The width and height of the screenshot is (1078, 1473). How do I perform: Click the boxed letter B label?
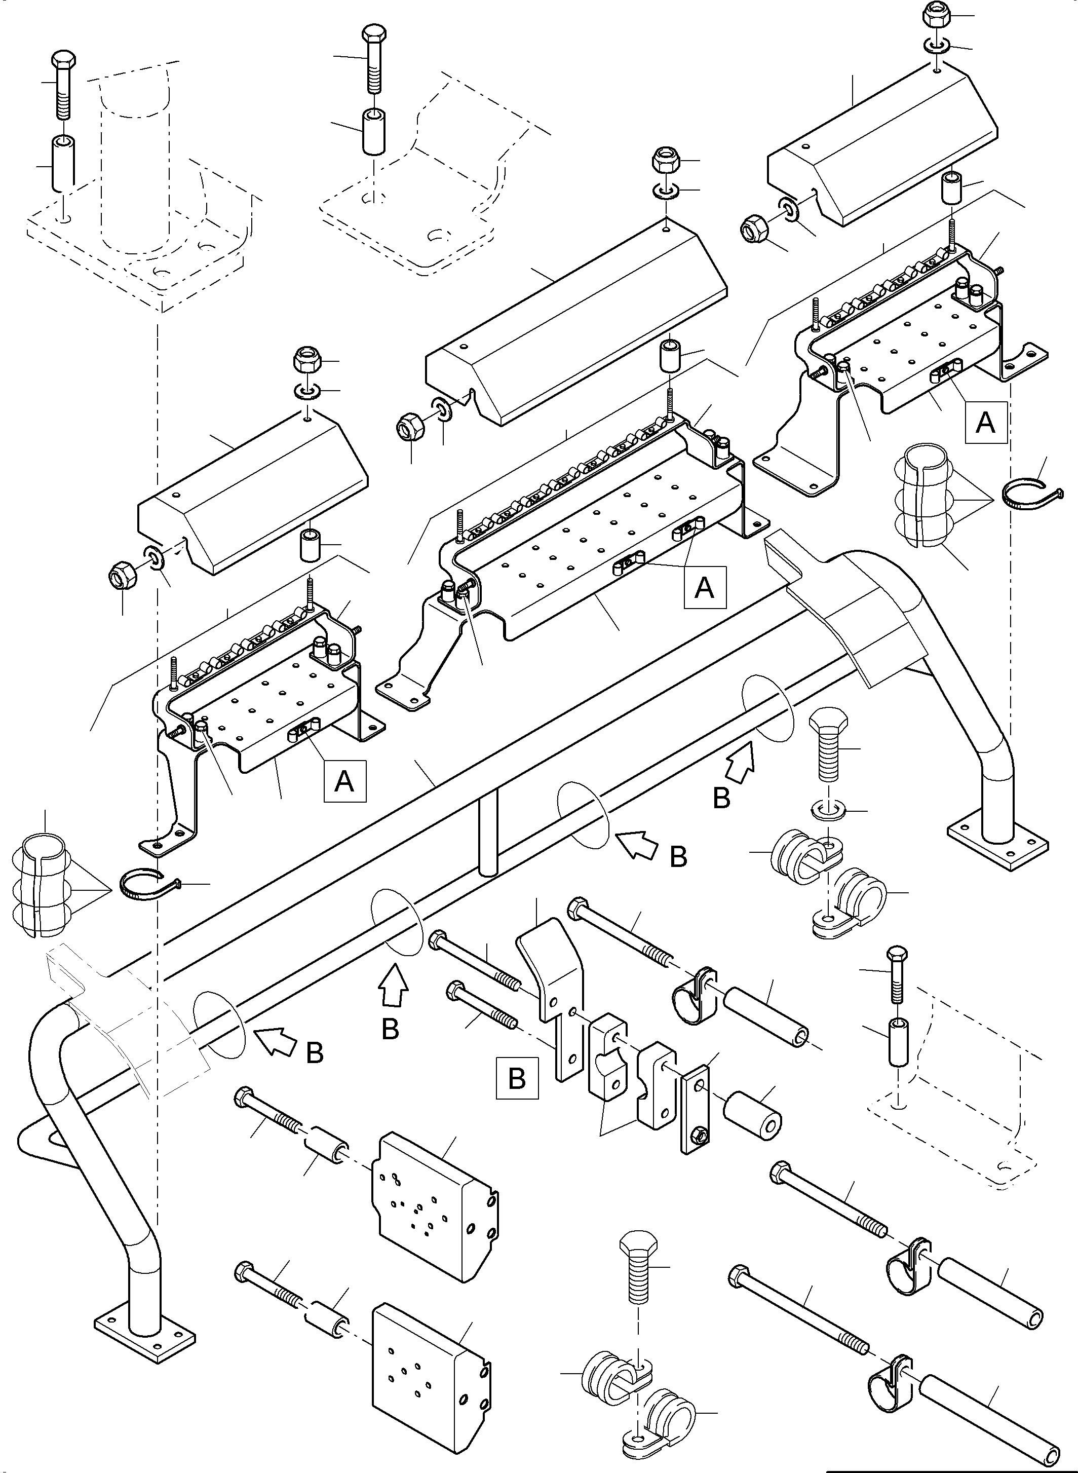click(x=517, y=1078)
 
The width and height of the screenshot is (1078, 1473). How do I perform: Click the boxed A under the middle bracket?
click(x=704, y=587)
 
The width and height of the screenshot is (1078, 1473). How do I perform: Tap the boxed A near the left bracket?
click(x=344, y=780)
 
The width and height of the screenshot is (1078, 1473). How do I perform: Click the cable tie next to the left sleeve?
click(x=147, y=884)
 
